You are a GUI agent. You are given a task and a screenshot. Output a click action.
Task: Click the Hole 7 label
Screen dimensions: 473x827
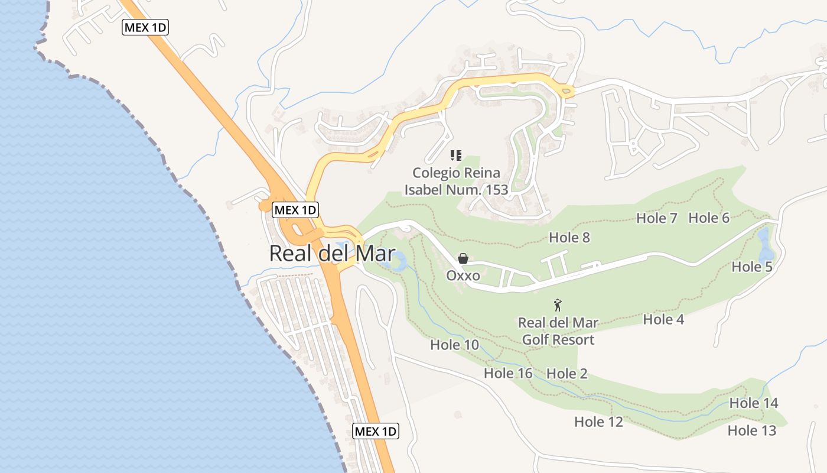tap(656, 218)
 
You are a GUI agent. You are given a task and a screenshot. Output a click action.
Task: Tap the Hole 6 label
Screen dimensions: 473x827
tap(709, 218)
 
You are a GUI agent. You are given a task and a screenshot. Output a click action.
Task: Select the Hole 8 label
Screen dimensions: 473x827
tap(569, 237)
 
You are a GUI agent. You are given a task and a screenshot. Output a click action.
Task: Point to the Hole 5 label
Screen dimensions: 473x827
tap(751, 267)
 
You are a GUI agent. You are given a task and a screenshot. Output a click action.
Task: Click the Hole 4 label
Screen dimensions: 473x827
tap(663, 319)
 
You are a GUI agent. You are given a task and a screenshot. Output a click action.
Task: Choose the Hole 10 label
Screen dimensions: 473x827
tap(454, 345)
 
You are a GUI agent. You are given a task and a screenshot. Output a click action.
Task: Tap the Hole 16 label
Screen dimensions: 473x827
tap(507, 373)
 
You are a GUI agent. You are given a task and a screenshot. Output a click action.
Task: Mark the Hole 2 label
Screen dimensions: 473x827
tap(566, 374)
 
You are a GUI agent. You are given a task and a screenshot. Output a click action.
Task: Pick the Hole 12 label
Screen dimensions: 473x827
tap(598, 422)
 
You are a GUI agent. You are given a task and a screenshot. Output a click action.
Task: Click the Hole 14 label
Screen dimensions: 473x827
tap(753, 403)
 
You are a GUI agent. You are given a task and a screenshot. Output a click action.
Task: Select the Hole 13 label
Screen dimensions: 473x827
tap(751, 430)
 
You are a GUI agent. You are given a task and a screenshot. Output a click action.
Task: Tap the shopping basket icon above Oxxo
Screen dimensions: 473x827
tap(463, 258)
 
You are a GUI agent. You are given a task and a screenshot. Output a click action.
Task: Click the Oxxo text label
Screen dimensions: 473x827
tap(463, 276)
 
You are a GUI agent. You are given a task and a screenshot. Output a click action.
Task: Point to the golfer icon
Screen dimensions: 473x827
tap(558, 306)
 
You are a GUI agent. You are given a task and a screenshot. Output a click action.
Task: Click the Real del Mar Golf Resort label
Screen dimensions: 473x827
tap(558, 331)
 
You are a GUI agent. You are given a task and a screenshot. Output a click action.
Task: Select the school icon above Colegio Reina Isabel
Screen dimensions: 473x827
tap(455, 155)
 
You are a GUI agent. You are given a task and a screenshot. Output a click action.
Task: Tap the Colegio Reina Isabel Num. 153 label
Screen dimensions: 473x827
tap(455, 181)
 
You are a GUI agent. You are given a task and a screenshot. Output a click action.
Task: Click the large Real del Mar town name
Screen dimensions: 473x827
tap(332, 253)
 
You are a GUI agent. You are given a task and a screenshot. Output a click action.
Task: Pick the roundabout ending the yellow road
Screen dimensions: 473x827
tap(566, 90)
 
